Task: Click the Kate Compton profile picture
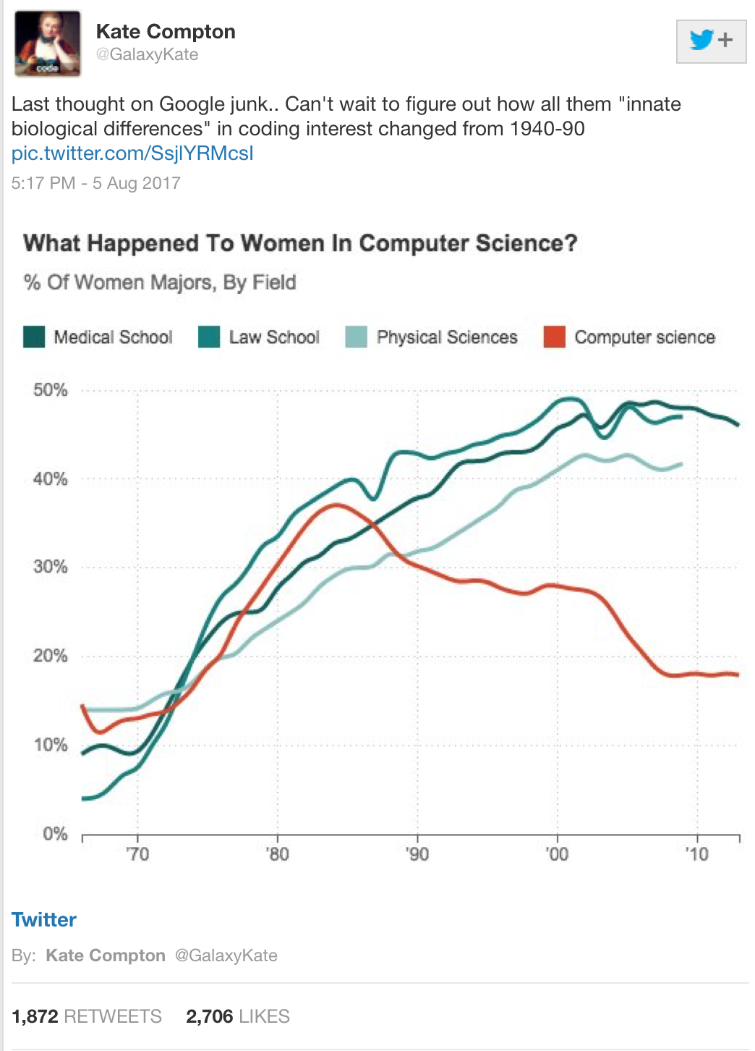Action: click(48, 43)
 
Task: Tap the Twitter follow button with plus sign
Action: click(711, 41)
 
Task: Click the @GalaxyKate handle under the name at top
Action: click(147, 55)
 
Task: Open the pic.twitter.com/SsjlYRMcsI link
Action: click(132, 153)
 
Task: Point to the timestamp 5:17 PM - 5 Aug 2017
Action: click(96, 183)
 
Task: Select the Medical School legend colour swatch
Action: click(34, 337)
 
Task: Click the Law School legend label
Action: click(274, 337)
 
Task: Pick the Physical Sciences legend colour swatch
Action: click(356, 337)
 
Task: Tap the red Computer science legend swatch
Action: click(554, 337)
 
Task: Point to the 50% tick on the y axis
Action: click(51, 390)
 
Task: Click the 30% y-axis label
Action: click(51, 567)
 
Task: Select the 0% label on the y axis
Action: click(55, 834)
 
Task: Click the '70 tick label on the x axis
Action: click(137, 854)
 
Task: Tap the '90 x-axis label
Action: click(417, 854)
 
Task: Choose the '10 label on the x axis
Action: click(697, 854)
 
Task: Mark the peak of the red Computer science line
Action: click(336, 505)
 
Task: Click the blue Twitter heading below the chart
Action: click(44, 920)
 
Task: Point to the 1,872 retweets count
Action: click(35, 1016)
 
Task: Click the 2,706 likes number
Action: click(209, 1016)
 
